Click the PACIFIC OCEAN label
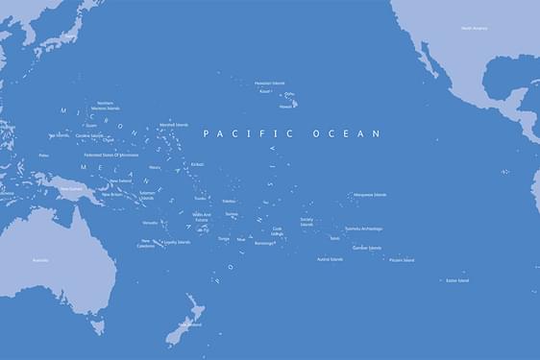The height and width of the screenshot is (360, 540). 292,134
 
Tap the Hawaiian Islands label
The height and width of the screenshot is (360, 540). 270,84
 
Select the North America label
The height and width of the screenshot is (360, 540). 474,29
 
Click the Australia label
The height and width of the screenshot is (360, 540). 40,260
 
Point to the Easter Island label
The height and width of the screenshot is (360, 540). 457,280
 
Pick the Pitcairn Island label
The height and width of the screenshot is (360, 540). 402,260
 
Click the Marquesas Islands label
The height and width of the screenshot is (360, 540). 369,195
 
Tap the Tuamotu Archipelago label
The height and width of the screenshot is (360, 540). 364,228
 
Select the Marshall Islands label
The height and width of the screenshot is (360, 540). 174,125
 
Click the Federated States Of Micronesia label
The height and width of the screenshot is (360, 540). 111,155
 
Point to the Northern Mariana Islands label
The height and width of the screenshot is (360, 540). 106,106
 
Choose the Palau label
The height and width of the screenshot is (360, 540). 44,155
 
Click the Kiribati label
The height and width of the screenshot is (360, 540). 198,164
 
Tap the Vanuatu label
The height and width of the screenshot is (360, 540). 150,223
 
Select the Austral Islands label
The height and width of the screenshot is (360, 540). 330,259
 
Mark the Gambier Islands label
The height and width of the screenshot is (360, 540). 367,248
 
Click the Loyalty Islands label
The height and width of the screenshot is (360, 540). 177,242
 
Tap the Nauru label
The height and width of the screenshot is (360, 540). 155,167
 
